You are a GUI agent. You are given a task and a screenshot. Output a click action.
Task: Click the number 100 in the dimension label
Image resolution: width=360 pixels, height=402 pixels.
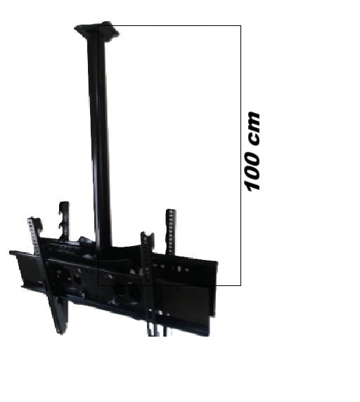(x=252, y=171)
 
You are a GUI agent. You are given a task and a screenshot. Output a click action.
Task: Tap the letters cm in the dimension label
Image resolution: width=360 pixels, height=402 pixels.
(x=254, y=129)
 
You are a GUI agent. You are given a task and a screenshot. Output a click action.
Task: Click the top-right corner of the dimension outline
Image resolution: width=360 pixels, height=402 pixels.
(x=240, y=25)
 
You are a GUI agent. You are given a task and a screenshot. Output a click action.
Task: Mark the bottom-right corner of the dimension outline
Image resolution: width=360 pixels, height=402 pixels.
(x=240, y=285)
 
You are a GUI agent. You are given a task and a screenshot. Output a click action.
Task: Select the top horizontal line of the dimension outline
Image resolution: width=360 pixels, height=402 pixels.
(x=169, y=25)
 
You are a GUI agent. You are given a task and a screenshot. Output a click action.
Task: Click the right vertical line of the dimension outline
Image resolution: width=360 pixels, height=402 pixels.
(x=240, y=155)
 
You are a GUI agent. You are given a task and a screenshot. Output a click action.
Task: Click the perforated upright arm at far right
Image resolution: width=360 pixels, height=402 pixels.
(x=171, y=232)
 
